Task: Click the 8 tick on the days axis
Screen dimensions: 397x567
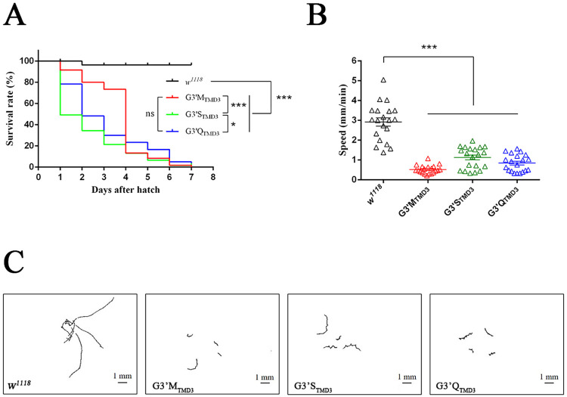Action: click(212, 178)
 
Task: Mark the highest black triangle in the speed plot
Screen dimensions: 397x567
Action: click(384, 79)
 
